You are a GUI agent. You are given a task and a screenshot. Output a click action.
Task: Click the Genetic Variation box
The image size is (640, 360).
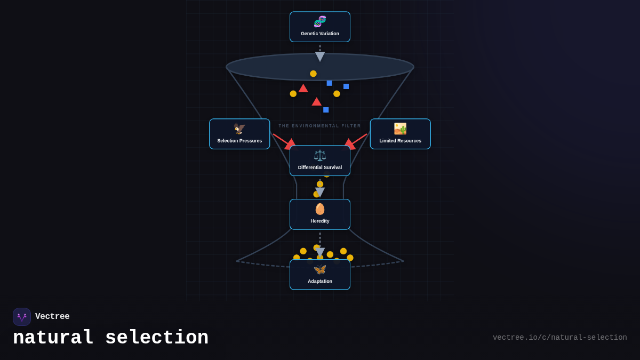coord(320,27)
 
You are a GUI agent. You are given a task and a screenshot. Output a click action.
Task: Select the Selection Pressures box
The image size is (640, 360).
coord(239,134)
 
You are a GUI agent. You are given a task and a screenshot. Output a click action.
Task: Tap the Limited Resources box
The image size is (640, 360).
coord(400,134)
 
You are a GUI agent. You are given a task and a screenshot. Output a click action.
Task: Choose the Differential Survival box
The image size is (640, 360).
coord(320,161)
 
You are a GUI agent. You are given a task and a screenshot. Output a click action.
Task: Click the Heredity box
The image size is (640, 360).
coord(320,214)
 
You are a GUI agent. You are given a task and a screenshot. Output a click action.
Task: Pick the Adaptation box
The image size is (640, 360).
coord(320,275)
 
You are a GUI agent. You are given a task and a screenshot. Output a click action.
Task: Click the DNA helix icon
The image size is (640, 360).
coord(320,22)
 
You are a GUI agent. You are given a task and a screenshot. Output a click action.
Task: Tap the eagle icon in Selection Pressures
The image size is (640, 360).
coord(239,129)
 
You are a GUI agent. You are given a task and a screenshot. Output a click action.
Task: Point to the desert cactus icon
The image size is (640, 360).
coord(400,129)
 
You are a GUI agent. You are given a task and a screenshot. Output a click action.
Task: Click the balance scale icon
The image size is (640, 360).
coord(320,156)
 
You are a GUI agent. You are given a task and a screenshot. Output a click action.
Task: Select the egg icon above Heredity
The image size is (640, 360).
coord(320,209)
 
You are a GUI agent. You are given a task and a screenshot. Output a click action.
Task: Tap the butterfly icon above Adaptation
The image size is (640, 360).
coord(320,270)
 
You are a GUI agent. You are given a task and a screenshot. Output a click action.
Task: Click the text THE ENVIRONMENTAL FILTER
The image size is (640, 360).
coord(320,126)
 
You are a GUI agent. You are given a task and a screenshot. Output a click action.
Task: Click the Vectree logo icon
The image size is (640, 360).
coord(22,317)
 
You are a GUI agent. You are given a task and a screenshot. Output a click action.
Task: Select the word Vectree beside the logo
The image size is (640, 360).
coord(52,317)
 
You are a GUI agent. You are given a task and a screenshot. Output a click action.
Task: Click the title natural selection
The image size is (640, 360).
coord(110,338)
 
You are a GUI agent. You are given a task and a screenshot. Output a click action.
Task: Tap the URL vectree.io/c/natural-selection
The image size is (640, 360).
coord(559,338)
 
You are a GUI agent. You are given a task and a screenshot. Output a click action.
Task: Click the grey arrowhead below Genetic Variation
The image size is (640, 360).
coord(320,56)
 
